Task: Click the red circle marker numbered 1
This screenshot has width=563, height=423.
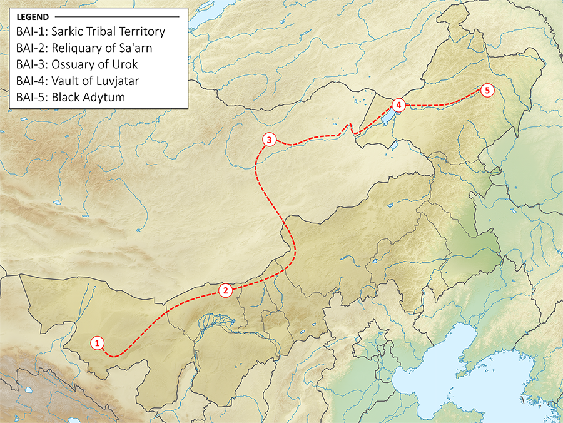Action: [97, 342]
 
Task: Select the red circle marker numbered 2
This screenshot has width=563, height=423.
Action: [226, 290]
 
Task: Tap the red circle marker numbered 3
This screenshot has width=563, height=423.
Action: [268, 140]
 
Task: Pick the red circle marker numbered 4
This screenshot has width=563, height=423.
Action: [400, 105]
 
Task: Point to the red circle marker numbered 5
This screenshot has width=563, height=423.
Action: [487, 90]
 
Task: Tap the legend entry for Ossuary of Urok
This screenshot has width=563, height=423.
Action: [78, 64]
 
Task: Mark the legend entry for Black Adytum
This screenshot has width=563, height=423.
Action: [71, 97]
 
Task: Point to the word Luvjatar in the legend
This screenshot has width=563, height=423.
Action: [106, 80]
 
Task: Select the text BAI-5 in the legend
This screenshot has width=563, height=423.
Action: [32, 97]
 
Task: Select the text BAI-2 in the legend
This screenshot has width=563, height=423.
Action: [32, 47]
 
